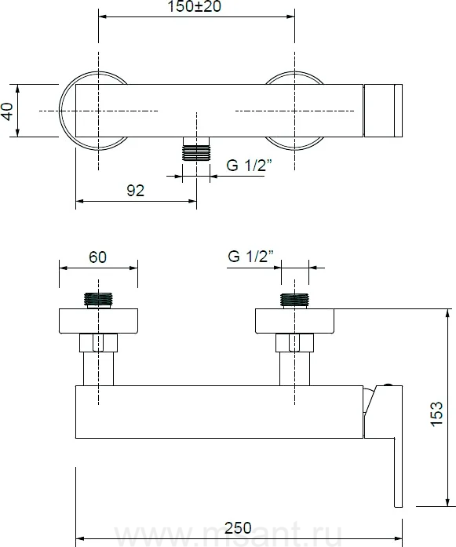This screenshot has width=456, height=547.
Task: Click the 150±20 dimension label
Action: point(195,6)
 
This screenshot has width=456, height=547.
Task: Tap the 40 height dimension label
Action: point(7,111)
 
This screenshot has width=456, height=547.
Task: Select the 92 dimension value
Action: point(135,191)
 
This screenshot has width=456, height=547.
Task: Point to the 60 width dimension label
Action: point(97,257)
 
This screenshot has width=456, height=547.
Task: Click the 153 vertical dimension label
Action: point(436,414)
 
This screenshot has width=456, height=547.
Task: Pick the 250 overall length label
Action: point(238,528)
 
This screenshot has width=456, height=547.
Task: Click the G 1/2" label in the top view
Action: point(249,165)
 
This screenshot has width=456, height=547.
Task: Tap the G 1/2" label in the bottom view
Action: point(250,257)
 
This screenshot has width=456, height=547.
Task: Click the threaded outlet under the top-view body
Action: point(196,148)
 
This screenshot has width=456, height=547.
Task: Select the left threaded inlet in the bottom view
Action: point(98,301)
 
